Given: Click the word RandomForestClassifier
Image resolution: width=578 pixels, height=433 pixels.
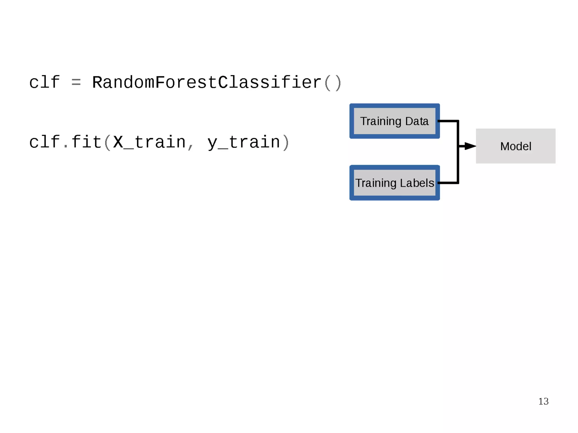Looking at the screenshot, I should tap(207, 82).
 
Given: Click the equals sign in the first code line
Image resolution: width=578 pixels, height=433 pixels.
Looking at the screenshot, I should tap(76, 83).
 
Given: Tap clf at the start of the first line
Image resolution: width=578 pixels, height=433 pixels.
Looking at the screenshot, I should tap(44, 82).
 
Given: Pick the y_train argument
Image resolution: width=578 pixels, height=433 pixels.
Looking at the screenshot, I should tap(244, 142).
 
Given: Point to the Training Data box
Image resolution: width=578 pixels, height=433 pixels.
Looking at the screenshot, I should tap(394, 121).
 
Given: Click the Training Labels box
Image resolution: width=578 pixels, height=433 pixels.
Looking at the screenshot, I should tap(394, 183).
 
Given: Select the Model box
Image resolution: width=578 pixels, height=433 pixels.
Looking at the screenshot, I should tap(515, 146).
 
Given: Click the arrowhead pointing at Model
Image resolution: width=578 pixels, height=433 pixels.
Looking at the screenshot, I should tap(469, 146).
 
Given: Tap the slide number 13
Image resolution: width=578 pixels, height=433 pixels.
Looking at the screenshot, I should tap(543, 401).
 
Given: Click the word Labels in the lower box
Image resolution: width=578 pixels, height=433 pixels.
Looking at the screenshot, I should tap(417, 183).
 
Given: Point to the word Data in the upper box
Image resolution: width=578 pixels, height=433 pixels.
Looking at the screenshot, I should tap(417, 121).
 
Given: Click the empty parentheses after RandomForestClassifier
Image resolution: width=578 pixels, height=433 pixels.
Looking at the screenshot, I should tap(333, 83).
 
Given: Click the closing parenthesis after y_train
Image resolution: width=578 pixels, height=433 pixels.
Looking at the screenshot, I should tap(286, 142).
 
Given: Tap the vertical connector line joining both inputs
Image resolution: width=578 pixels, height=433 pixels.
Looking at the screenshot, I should tap(457, 164).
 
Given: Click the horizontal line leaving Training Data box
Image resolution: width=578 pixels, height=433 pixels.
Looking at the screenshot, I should tap(448, 121).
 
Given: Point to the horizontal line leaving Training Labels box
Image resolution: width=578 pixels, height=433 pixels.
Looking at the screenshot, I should tap(448, 183).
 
